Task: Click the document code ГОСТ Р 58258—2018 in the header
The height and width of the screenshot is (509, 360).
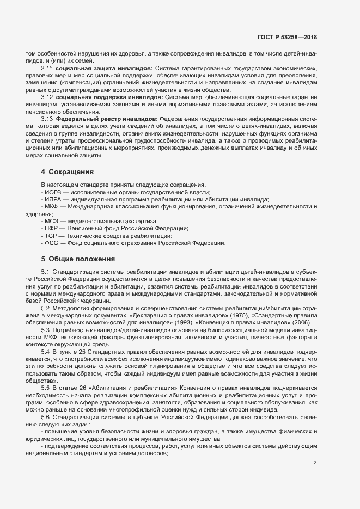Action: point(286,36)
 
